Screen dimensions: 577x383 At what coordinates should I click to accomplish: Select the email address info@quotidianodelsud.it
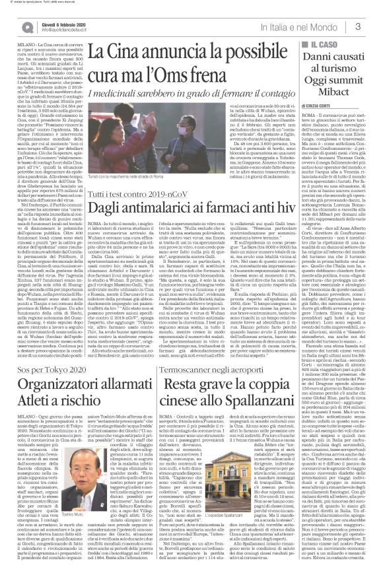point(55,30)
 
